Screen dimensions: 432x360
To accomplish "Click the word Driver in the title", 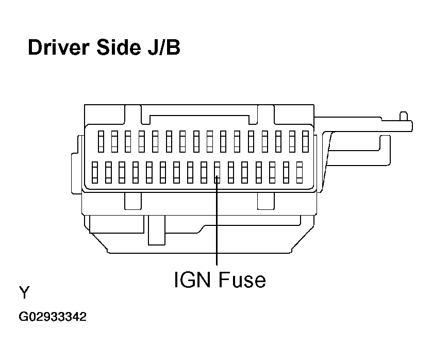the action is coord(58,47).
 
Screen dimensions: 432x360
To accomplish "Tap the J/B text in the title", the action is coord(163,47).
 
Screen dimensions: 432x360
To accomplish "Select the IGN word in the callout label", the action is coord(192,280).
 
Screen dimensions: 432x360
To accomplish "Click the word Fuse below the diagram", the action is coord(242,280).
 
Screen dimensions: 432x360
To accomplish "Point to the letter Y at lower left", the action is coord(25,292).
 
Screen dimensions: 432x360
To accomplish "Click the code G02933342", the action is coord(53,317).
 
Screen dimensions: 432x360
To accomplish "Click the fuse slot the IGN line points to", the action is coord(218,172).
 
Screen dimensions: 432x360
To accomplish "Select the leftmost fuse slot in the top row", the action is coord(101,141).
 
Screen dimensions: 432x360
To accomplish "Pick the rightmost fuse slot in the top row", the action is coord(305,141).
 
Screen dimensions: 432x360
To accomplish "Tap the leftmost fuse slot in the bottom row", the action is coord(95,172).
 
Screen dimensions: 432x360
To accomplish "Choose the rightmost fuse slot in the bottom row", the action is coord(300,172).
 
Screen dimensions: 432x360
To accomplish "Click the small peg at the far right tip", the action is coord(404,116).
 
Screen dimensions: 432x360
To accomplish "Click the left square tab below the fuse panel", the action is coord(133,201).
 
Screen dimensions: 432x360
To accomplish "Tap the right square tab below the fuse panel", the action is coord(266,201).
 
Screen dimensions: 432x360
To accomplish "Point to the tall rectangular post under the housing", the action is coord(157,230).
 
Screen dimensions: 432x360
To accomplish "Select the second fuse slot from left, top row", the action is coord(114,141).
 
